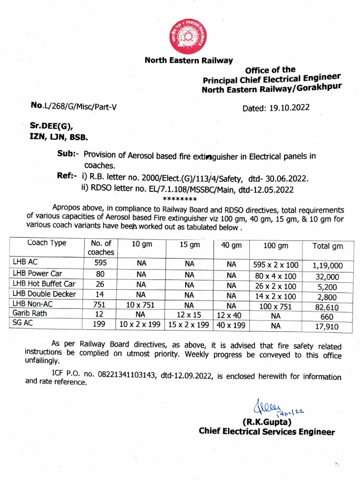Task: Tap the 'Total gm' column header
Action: coord(328,246)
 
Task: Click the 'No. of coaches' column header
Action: coord(100,247)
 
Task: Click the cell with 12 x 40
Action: coord(231,314)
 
